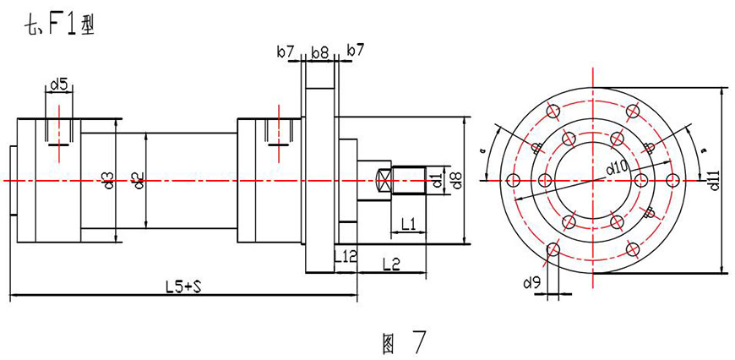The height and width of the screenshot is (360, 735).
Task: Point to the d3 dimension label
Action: (x=108, y=179)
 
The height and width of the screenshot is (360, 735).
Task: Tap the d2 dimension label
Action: (x=139, y=179)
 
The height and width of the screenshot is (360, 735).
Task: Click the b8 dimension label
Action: (x=319, y=52)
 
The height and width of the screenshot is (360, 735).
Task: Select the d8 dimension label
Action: (x=456, y=179)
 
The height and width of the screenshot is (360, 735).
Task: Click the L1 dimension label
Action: (x=409, y=223)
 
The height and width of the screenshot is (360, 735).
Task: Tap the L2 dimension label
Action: (x=391, y=265)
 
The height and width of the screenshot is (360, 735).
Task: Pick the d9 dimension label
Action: (x=531, y=282)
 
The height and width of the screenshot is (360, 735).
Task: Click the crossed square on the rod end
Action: (x=383, y=180)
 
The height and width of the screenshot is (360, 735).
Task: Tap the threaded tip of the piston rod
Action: (x=411, y=180)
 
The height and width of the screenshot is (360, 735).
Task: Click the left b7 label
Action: (x=286, y=52)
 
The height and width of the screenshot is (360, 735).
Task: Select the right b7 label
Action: (x=355, y=52)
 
